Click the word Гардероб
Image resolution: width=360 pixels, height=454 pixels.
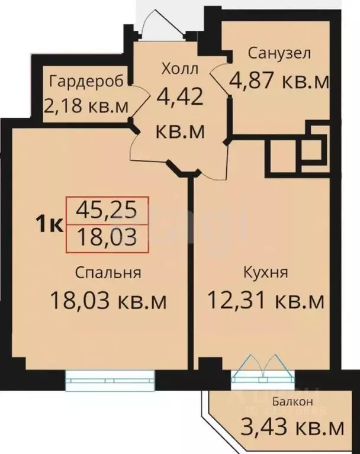point(87,81)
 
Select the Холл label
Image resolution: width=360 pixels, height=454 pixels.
point(180,69)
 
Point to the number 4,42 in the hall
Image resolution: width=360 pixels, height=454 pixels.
point(180,96)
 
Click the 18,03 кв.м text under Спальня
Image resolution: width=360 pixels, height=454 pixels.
point(108,301)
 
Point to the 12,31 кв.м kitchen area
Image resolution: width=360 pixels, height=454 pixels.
point(266,301)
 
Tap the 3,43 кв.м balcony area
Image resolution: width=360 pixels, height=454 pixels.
point(292,426)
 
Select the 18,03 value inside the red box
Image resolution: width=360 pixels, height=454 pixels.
point(108,237)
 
